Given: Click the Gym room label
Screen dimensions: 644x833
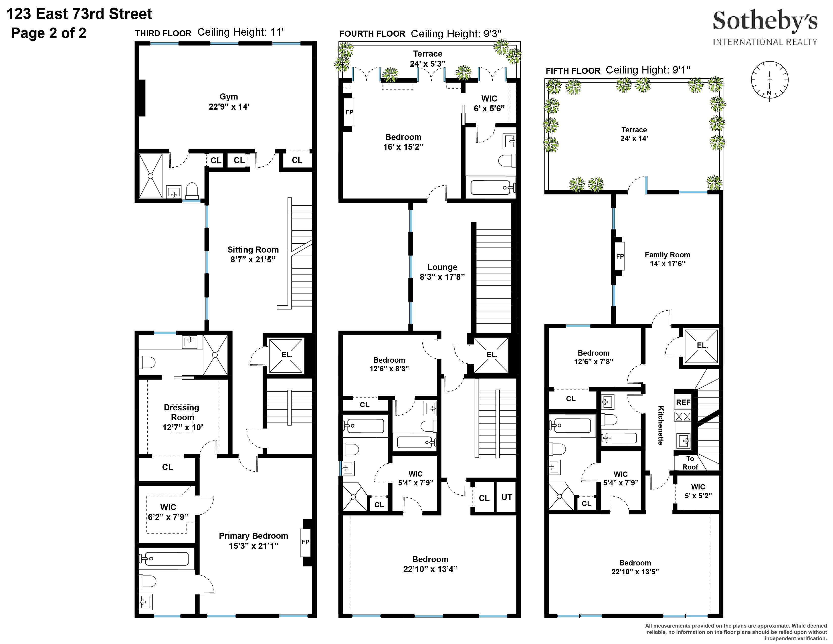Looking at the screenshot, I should pyautogui.click(x=228, y=97).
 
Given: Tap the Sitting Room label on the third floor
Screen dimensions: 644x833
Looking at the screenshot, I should pyautogui.click(x=253, y=250).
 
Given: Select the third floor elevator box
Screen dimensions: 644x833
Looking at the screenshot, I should pyautogui.click(x=287, y=355).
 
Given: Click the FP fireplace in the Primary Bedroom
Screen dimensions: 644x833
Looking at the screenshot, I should pyautogui.click(x=305, y=542).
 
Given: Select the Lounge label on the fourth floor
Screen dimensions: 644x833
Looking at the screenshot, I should pyautogui.click(x=442, y=267).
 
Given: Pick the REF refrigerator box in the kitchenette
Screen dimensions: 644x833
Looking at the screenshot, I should pyautogui.click(x=683, y=402).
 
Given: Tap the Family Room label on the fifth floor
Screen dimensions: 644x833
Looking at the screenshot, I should pyautogui.click(x=667, y=255).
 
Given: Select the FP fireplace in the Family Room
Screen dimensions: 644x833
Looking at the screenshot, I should pyautogui.click(x=620, y=256).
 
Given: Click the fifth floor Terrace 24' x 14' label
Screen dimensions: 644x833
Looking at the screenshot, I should pyautogui.click(x=634, y=134).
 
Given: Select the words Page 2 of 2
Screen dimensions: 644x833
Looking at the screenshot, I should pyautogui.click(x=48, y=33).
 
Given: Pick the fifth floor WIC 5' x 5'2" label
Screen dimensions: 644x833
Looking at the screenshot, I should pyautogui.click(x=698, y=491).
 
